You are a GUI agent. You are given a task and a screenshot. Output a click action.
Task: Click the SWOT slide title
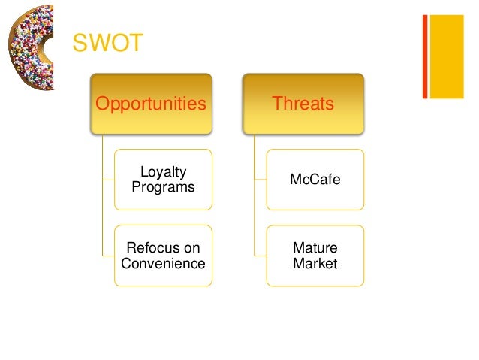click(107, 44)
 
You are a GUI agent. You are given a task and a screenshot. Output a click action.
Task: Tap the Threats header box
click(303, 104)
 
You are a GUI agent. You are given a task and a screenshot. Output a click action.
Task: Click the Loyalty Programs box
click(163, 180)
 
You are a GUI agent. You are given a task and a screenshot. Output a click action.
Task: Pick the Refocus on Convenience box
click(163, 256)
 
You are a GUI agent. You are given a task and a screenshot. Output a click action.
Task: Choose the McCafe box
click(315, 180)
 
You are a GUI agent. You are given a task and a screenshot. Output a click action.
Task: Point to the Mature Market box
click(315, 256)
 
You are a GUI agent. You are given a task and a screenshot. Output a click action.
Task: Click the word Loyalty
click(164, 173)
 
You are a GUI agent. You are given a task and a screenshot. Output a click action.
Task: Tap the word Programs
click(163, 187)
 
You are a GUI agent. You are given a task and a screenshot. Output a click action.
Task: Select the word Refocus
click(163, 248)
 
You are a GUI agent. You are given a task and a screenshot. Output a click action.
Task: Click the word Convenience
click(163, 263)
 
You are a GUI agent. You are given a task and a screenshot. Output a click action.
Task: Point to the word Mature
click(315, 248)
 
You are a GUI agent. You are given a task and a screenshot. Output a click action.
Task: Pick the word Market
click(315, 263)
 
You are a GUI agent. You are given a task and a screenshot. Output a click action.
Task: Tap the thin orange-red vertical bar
click(425, 56)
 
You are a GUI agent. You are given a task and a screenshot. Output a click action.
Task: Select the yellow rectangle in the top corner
click(451, 56)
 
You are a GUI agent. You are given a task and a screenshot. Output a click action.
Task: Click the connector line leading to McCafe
click(261, 180)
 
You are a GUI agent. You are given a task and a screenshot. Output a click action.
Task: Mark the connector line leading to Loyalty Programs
click(107, 180)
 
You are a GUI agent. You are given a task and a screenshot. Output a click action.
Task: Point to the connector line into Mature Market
click(261, 256)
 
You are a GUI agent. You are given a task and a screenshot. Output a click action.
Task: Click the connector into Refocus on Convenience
click(107, 256)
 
